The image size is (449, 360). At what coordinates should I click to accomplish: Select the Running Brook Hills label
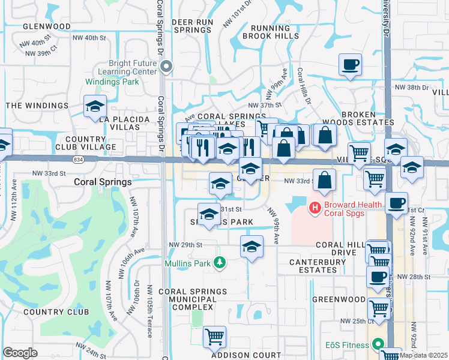pos(270,32)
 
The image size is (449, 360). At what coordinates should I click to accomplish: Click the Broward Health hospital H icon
pos(313,208)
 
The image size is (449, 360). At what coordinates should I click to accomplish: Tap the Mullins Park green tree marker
pos(220,263)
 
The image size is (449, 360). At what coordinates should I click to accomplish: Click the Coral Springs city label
pos(103,182)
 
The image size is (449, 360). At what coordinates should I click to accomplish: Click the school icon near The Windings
pos(95,107)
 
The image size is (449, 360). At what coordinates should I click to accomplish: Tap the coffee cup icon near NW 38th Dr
pos(350,64)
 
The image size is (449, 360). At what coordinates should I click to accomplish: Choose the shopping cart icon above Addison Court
pos(214,337)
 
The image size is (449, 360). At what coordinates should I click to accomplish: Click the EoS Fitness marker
pos(378,344)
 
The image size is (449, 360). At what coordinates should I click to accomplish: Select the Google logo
pos(20,352)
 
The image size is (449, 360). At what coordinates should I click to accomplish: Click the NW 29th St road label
pos(185,245)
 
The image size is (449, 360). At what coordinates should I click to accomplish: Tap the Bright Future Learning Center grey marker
pos(166,67)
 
